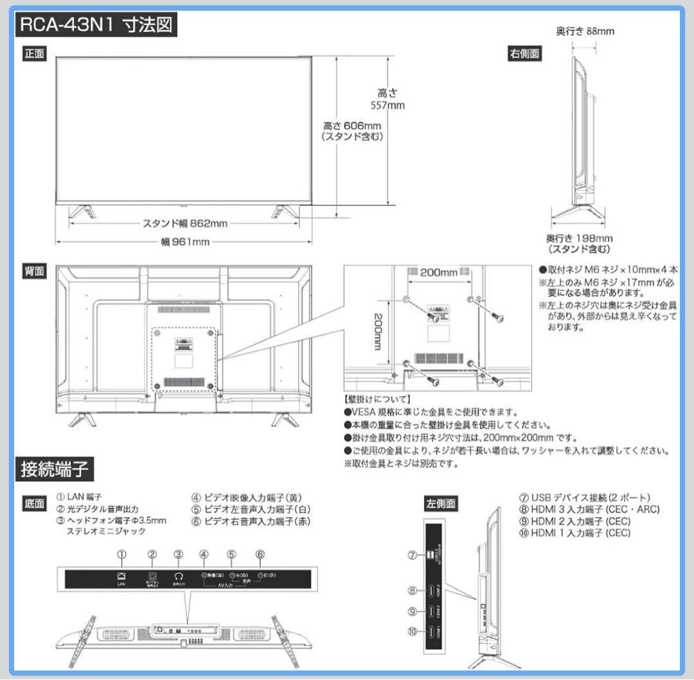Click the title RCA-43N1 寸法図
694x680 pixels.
point(96,27)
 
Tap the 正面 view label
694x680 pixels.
point(35,54)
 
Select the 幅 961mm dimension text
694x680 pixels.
point(185,241)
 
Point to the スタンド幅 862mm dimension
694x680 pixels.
point(184,223)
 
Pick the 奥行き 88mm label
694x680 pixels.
point(585,31)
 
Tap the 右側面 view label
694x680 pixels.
point(525,54)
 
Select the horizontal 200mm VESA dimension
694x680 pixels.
point(438,272)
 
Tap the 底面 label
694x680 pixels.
point(35,503)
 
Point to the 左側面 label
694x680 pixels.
point(441,503)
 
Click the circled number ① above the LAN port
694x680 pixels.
point(121,554)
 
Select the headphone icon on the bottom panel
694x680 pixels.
point(179,577)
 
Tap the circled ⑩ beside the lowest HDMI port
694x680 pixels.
point(413,631)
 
